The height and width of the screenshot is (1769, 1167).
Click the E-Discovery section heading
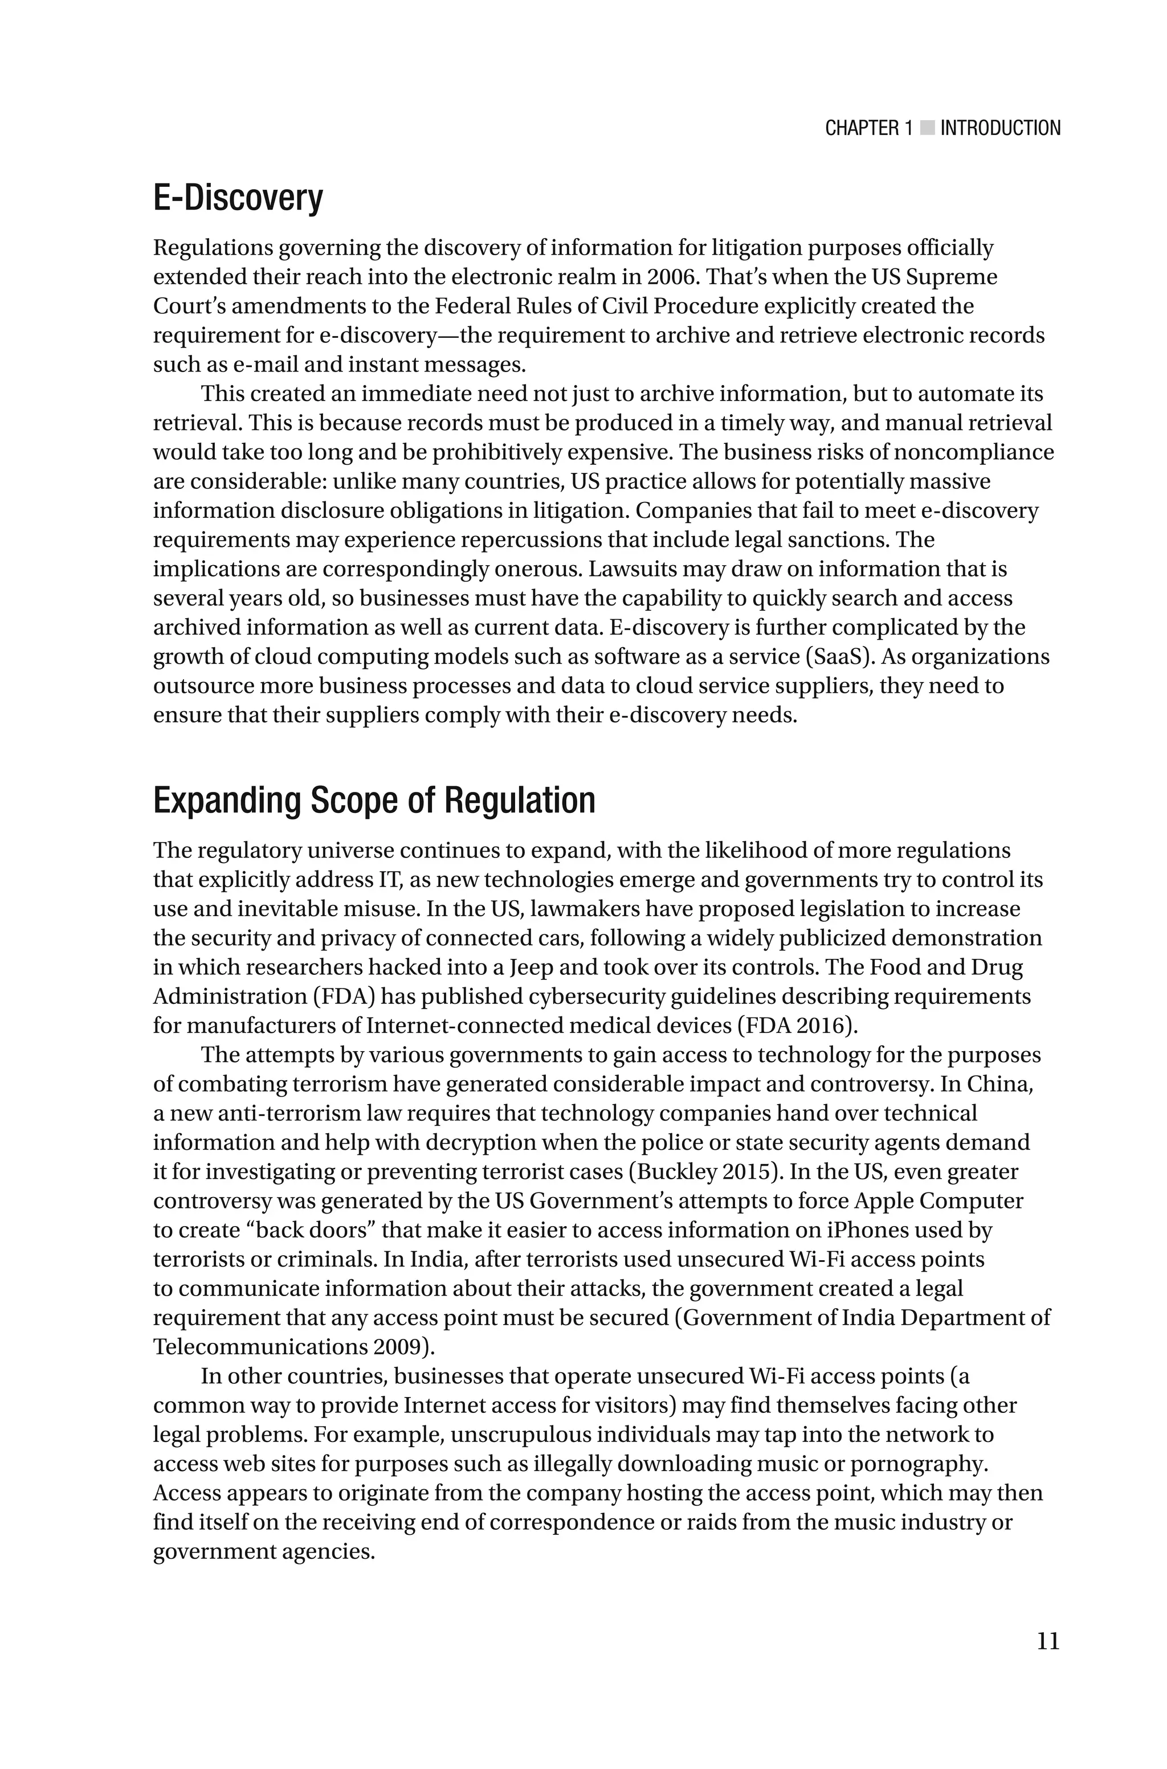click(x=238, y=199)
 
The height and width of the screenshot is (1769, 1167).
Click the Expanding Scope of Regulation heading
click(x=374, y=801)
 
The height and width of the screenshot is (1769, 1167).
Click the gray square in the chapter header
click(x=927, y=128)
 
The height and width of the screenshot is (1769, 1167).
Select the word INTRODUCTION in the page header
click(x=1000, y=128)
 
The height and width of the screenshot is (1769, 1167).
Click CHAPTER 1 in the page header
click(x=868, y=128)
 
